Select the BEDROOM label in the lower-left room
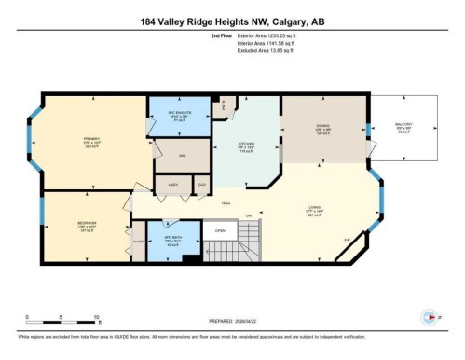[87, 224]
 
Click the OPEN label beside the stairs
[220, 231]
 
